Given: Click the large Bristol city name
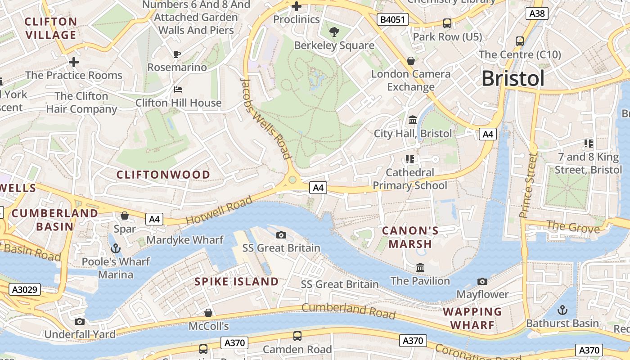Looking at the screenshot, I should click(x=513, y=78).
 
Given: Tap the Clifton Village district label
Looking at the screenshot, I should click(x=51, y=28).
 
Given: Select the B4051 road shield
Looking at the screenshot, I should click(x=392, y=19).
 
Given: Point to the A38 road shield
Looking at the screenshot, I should click(x=537, y=13).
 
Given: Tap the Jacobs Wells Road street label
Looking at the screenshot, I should click(x=266, y=118).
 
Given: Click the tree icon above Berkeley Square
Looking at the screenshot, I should click(x=334, y=31).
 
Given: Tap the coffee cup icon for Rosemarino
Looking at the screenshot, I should click(x=177, y=54).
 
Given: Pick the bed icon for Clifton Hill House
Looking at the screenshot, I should click(x=178, y=90).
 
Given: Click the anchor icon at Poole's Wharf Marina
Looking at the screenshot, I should click(x=116, y=248).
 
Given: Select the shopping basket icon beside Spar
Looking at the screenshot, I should click(x=125, y=216).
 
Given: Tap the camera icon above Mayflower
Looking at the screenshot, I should click(x=482, y=281).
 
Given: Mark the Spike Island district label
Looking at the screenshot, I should click(x=236, y=282).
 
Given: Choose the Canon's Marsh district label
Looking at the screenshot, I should click(x=410, y=237).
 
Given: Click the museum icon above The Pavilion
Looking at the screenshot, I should click(x=420, y=267).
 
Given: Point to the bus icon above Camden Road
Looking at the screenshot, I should click(x=297, y=336).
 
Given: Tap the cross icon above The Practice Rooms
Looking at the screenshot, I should click(x=74, y=62).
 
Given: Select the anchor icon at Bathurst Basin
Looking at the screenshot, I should click(x=562, y=310).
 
